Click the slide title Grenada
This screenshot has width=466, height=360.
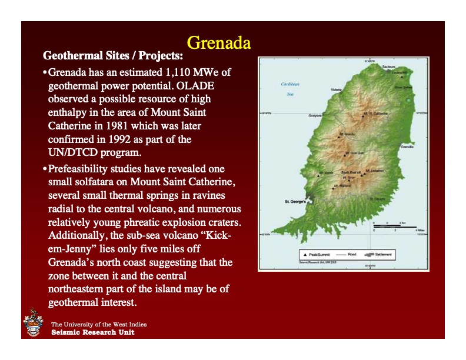[x=218, y=43]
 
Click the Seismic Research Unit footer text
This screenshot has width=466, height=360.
[x=92, y=332]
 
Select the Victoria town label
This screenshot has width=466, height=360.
[x=336, y=89]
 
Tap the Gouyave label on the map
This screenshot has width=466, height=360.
[x=316, y=116]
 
